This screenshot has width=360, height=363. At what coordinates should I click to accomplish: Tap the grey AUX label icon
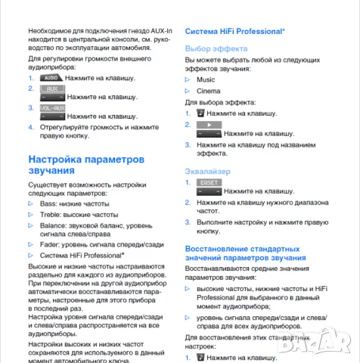pos(52,88)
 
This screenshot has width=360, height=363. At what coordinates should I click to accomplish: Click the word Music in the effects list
pos(205,79)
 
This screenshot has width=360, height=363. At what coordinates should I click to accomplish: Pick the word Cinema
pos(209,91)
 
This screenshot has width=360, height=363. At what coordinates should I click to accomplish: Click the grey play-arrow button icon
pos(209,123)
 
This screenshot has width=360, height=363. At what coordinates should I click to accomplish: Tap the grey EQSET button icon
pos(209,183)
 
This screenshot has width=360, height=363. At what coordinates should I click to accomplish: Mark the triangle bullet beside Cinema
pos(188,91)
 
